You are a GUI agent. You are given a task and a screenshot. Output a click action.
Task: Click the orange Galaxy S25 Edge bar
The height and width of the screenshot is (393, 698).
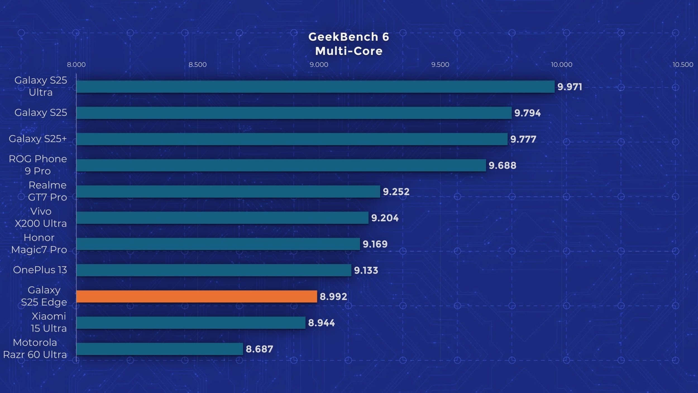pos(197,296)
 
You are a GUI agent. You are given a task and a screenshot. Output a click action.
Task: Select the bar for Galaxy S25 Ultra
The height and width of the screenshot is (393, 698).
pos(315,87)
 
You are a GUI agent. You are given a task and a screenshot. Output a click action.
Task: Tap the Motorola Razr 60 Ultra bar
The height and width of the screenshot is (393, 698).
pos(159,349)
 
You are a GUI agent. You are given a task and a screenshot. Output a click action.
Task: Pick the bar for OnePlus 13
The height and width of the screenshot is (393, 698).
pos(214,270)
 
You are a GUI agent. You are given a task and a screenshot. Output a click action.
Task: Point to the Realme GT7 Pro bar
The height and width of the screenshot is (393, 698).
pos(228,191)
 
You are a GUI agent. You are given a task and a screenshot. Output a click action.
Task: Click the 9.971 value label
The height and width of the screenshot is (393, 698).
pos(570,87)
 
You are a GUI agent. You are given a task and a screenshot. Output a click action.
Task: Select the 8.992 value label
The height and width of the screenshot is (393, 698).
pos(333,297)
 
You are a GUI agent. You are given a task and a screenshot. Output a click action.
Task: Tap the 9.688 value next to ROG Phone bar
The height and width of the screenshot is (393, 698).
pos(502,165)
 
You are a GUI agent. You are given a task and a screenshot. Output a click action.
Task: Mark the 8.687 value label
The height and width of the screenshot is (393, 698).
pos(259,349)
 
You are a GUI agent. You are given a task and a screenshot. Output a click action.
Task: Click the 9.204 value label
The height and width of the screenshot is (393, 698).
pos(385,218)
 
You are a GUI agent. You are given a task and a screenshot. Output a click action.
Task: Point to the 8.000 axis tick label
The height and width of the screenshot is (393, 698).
pos(76,65)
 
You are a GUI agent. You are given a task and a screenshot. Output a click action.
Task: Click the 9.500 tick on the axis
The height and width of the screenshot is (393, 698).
pos(440,65)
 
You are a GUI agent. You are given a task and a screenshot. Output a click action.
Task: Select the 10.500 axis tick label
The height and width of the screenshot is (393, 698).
pos(683,65)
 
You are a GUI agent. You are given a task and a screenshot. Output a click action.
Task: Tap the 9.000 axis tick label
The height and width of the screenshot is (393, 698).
pos(319,65)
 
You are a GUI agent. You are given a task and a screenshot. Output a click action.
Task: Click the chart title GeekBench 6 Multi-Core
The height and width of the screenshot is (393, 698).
pos(349,44)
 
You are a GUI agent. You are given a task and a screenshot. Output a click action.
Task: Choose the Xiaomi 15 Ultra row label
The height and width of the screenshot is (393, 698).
pos(49,322)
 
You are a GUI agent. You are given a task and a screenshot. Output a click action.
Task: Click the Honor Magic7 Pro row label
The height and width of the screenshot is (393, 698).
pos(39,243)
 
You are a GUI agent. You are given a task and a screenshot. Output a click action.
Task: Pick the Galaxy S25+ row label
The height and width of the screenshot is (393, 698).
pos(38,139)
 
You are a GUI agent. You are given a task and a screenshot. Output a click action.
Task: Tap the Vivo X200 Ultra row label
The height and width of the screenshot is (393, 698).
pos(41,217)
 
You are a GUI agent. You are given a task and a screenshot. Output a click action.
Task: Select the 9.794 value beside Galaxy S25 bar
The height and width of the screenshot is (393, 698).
pos(527,113)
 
